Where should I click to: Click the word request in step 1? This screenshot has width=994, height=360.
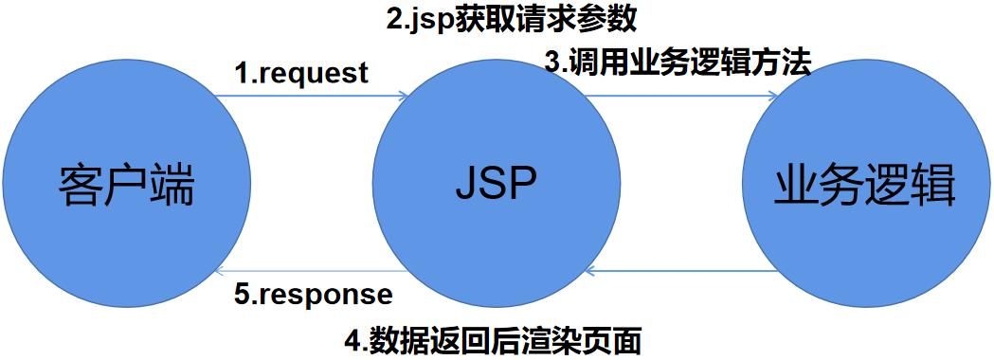pos(313,74)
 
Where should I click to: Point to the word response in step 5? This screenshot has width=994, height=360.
pos(326,294)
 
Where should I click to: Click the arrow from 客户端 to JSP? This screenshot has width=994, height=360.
pos(313,96)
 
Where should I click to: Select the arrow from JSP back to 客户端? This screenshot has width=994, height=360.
pos(313,273)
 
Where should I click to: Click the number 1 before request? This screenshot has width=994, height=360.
pos(241,74)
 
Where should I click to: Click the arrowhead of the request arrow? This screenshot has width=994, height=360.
pos(403,96)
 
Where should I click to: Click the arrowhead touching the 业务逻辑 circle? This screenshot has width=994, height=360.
pos(774,96)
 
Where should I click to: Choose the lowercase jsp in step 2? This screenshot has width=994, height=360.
pos(435,20)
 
